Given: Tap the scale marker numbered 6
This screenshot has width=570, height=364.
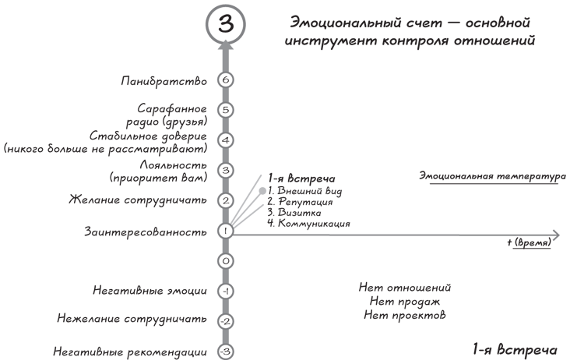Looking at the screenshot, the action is (225, 80).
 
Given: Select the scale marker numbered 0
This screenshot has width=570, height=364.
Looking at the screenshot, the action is (225, 261).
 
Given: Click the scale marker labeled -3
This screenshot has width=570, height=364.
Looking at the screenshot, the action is (225, 352).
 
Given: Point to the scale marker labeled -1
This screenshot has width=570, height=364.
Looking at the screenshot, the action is (225, 292).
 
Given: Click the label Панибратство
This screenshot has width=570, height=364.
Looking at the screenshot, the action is (164, 81).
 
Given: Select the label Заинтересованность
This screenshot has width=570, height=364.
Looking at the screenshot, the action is (146, 231).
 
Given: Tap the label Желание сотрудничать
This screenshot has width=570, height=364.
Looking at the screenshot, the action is (138, 200).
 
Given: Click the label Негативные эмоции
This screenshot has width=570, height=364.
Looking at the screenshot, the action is (150, 291).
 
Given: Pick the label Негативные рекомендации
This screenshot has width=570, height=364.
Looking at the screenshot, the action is (130, 352).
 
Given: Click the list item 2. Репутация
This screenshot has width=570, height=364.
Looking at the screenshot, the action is (300, 202).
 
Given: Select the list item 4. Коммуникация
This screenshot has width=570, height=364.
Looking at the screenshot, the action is (308, 223).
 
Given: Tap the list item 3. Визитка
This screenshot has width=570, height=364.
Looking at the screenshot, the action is (294, 213).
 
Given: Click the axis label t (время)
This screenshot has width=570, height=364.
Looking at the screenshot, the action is (530, 242).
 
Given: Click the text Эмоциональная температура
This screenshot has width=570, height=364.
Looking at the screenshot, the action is (493, 176).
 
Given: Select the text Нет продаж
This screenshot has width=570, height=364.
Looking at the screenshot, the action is (405, 302).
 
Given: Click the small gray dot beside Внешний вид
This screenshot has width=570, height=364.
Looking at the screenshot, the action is (262, 191).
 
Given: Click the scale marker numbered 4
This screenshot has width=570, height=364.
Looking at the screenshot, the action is (225, 140).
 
